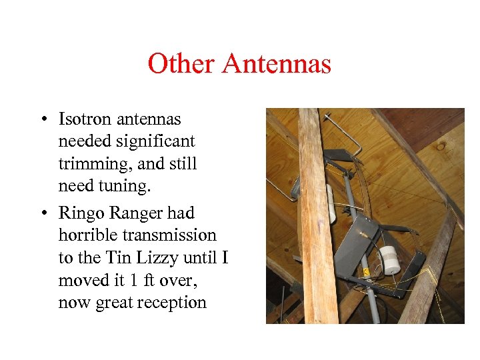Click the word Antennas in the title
click(277, 64)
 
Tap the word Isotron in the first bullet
click(85, 119)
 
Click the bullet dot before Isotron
click(42, 120)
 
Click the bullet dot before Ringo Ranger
click(42, 213)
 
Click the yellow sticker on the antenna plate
click(366, 272)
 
